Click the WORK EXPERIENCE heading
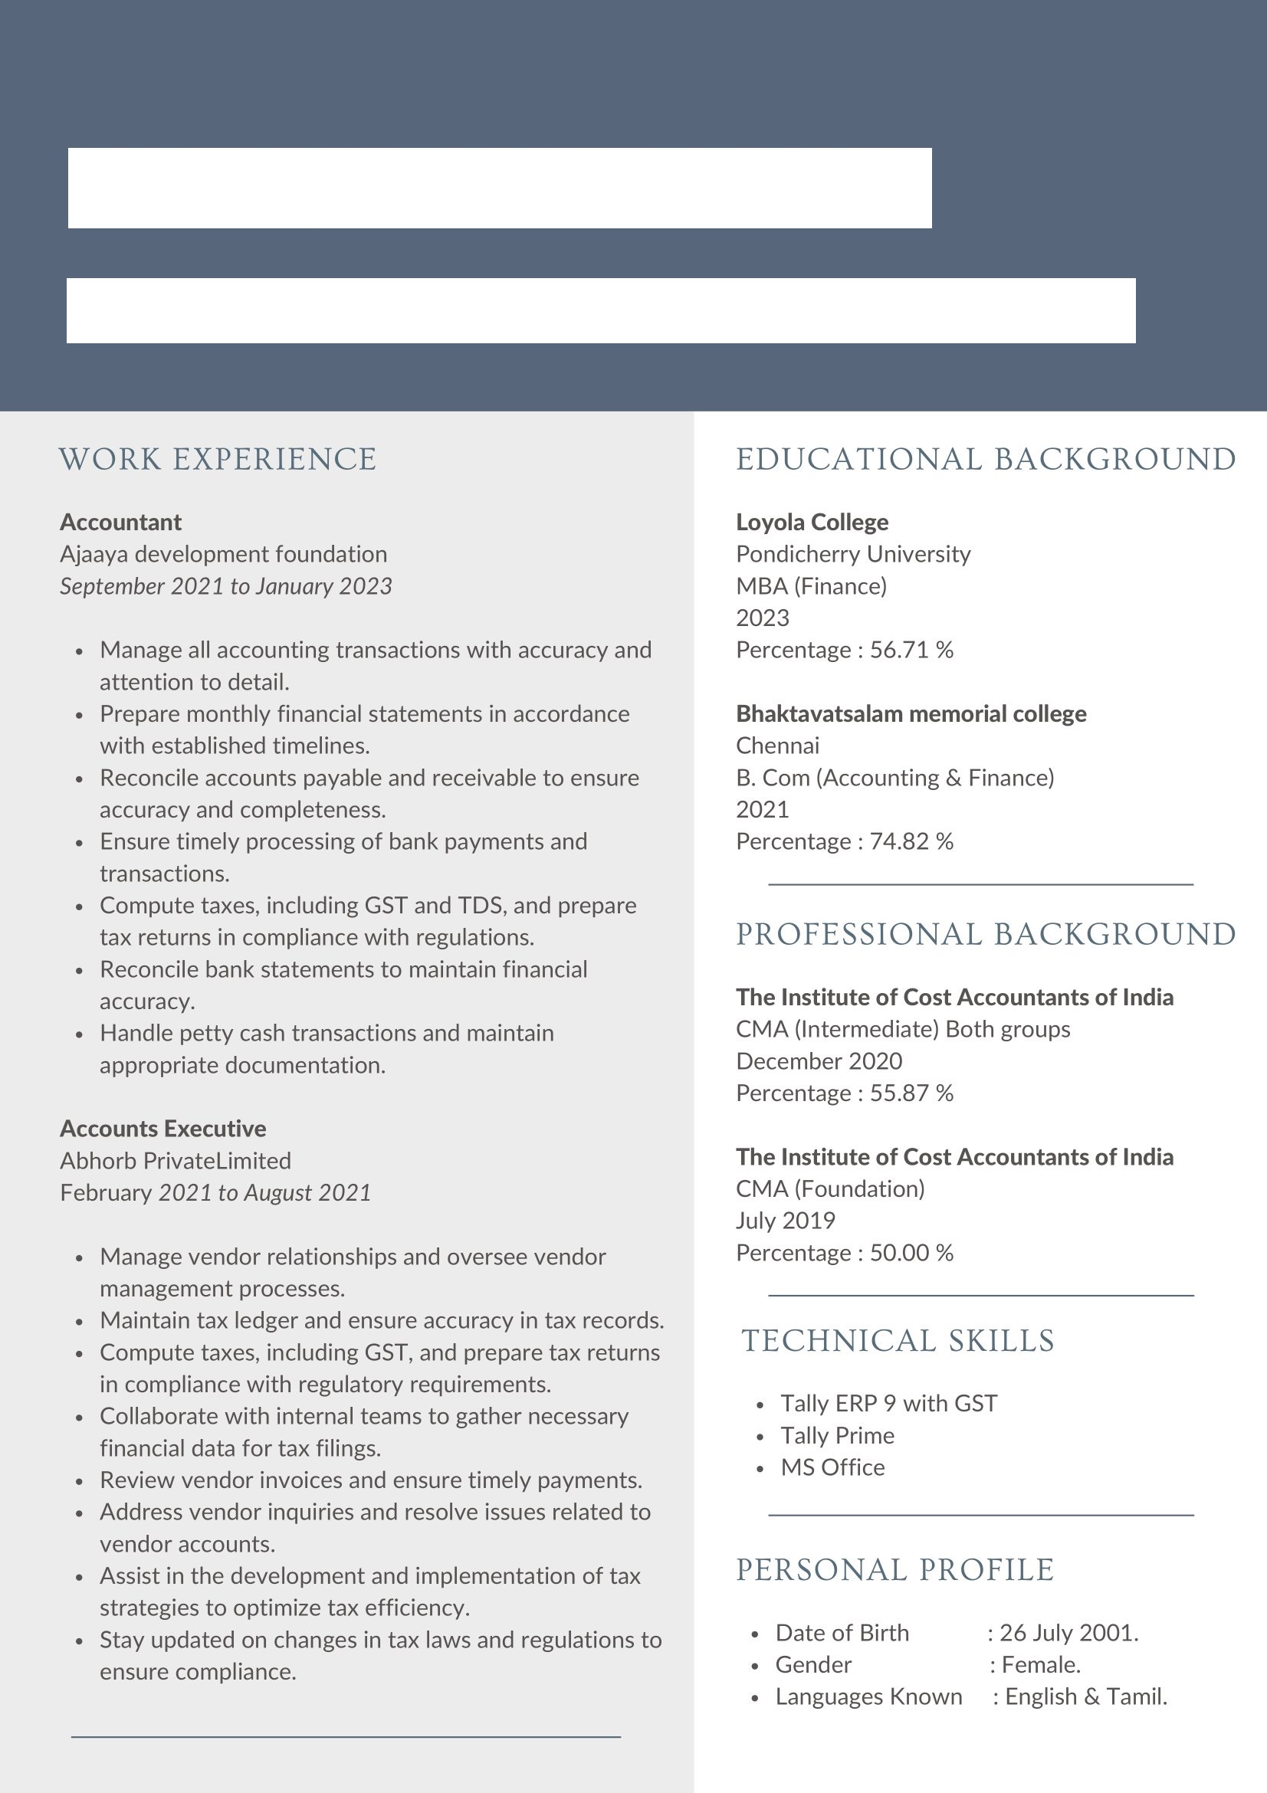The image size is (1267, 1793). (x=217, y=459)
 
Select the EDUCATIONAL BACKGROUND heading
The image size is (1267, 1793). (x=986, y=459)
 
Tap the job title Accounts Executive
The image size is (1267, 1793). (x=162, y=1129)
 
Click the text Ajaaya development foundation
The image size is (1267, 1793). (x=223, y=554)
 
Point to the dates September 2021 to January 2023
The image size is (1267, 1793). (x=226, y=585)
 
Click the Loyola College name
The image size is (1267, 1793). (x=812, y=522)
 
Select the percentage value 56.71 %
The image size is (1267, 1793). (x=911, y=650)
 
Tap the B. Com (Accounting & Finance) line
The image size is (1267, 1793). (x=894, y=777)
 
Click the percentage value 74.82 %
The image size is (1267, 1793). (x=911, y=841)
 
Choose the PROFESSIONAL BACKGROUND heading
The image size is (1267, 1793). (x=986, y=934)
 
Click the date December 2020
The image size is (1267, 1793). (x=819, y=1060)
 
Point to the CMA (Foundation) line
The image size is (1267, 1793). (x=829, y=1188)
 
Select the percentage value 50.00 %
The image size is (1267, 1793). (x=911, y=1253)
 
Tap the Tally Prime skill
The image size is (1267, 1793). (x=837, y=1435)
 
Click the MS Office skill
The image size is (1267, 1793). (x=832, y=1467)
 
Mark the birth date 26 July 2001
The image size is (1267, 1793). (x=1068, y=1632)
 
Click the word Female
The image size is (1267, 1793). (x=1040, y=1664)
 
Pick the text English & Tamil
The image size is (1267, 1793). (x=1086, y=1696)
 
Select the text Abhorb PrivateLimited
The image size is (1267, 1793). (x=176, y=1160)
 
